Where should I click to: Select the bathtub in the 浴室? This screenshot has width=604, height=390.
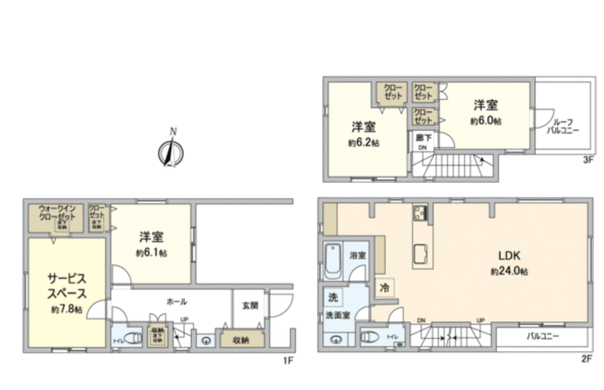coord(334,262)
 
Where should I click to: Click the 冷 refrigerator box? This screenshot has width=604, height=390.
coord(385,287)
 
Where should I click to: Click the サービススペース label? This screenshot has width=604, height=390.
coord(66,286)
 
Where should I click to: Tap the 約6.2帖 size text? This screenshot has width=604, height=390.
coord(364,143)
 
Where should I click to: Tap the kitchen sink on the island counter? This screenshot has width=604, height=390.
coord(421,251)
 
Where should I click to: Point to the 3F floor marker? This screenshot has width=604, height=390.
coord(588,160)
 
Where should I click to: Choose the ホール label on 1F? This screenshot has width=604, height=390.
coord(177,301)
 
